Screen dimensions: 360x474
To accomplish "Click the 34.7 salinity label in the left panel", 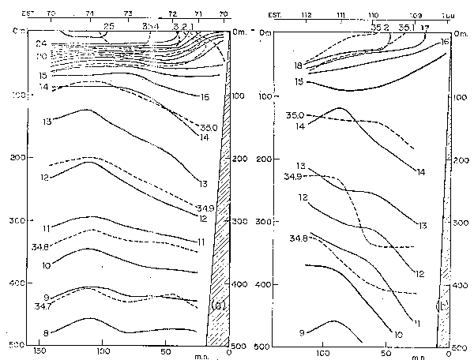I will point(43,305).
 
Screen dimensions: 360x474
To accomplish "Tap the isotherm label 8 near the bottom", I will point(47,332).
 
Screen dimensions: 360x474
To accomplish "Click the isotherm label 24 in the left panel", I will point(41,43).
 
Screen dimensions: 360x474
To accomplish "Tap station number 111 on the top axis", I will point(340,14).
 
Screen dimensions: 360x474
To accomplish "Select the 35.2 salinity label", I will point(378,28).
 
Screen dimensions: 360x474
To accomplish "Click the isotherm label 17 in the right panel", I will point(425,28).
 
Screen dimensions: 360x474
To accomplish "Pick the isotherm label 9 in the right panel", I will point(303,333).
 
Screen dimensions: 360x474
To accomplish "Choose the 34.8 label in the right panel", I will point(298,238).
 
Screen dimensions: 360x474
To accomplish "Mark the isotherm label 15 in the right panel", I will point(299,81).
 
